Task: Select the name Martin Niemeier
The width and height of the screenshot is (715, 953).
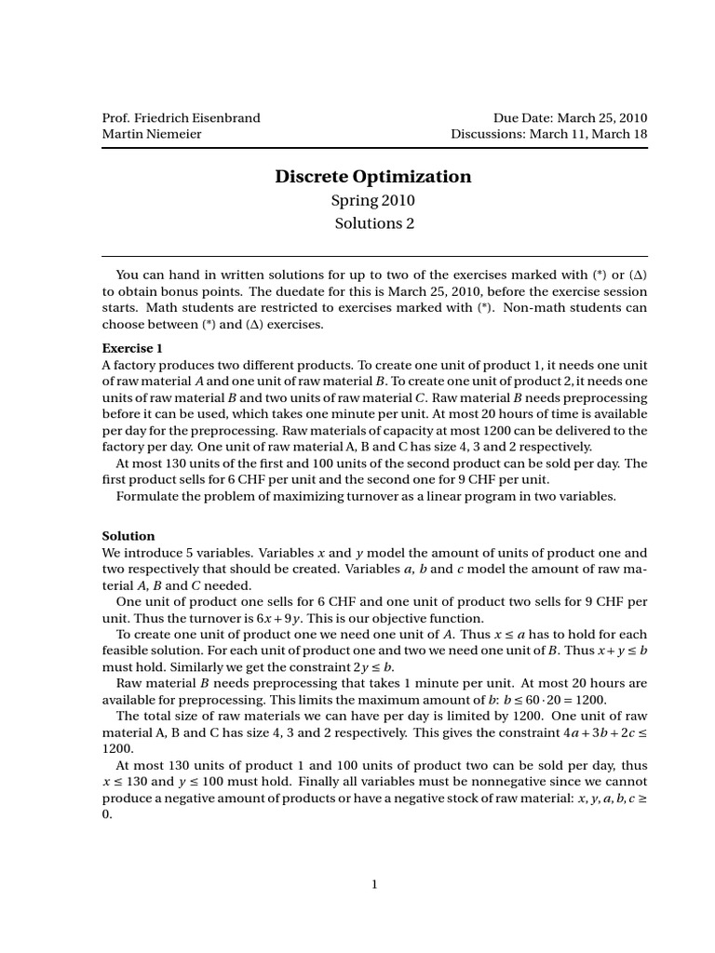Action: point(151,134)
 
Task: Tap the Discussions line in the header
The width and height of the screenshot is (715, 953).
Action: point(548,134)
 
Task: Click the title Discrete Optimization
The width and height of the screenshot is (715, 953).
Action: point(372,176)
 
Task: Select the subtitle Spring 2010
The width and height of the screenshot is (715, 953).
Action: point(372,200)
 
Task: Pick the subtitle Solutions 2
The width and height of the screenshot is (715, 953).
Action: point(372,223)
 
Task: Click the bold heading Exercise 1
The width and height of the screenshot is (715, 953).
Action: point(132,348)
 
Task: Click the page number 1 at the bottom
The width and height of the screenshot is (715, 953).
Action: point(373,885)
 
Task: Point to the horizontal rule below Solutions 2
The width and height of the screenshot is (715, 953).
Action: point(373,256)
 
